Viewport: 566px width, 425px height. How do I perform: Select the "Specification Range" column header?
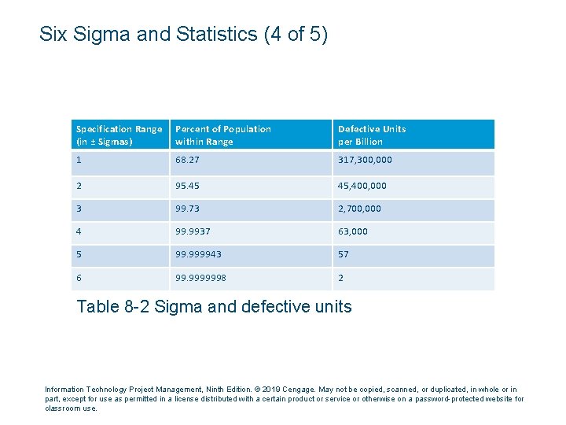point(119,135)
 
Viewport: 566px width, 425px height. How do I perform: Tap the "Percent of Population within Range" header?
point(222,135)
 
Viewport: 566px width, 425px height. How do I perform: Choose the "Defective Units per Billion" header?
point(372,135)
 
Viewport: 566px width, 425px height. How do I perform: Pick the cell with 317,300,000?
point(365,160)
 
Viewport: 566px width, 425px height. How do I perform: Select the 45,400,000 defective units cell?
point(362,186)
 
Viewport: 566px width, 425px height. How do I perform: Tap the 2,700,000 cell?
point(359,209)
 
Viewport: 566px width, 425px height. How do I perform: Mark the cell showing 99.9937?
point(193,231)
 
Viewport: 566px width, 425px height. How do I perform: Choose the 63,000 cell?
point(353,231)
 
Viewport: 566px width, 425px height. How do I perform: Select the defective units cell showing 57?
point(344,254)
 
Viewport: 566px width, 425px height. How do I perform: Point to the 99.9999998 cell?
point(200,278)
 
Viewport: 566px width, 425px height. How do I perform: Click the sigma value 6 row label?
point(79,278)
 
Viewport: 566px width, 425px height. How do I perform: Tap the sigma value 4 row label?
point(79,231)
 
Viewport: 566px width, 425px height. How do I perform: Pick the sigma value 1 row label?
point(79,160)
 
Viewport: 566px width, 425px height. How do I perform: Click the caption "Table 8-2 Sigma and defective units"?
point(214,307)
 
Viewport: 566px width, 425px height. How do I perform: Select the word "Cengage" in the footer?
point(298,390)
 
